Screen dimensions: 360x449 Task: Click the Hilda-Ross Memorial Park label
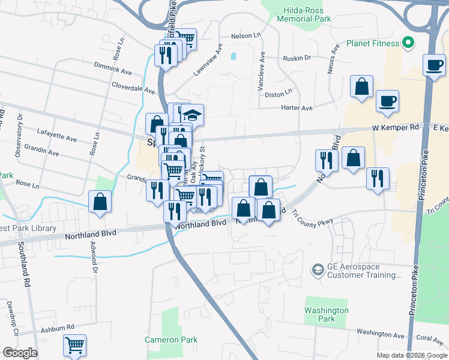(x=304, y=14)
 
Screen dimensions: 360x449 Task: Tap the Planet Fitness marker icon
(x=408, y=43)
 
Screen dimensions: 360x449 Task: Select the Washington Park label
(x=326, y=314)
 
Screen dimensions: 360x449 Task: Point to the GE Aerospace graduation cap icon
(x=317, y=271)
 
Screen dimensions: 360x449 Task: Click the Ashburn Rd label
(x=56, y=328)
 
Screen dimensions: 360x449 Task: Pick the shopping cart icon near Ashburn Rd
(x=74, y=344)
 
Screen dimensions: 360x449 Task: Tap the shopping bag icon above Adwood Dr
(x=100, y=202)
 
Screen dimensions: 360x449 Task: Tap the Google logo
(x=19, y=353)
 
